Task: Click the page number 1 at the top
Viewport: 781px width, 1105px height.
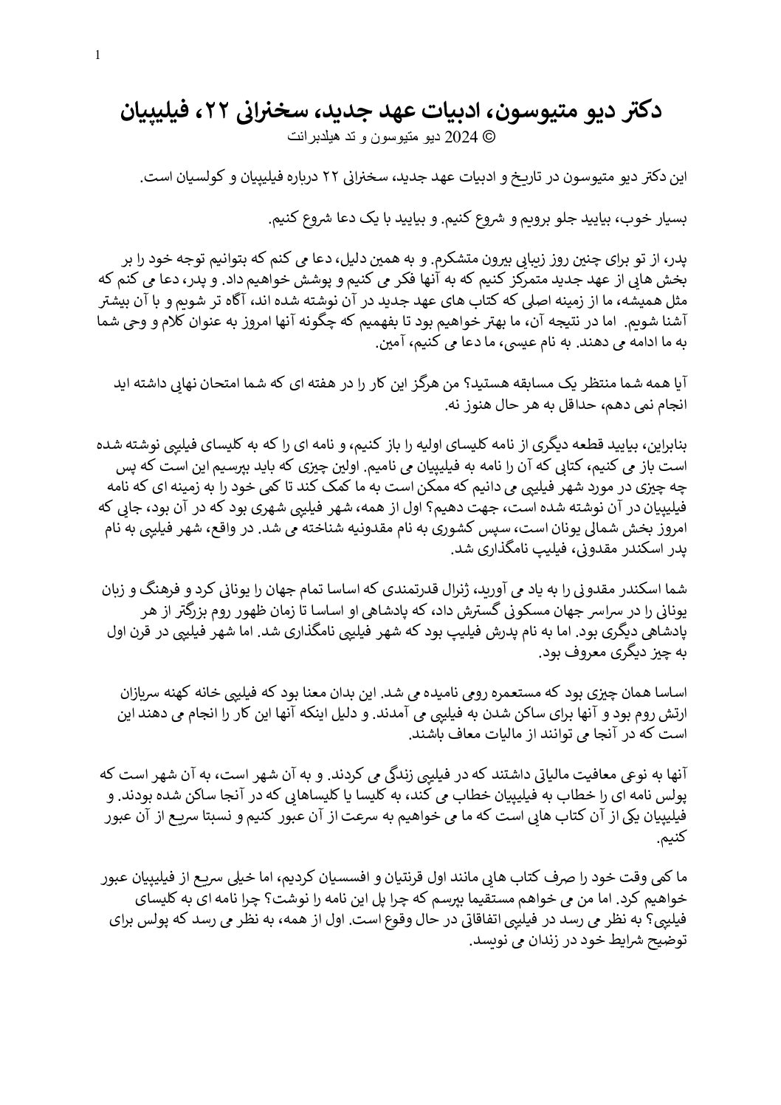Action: point(98,55)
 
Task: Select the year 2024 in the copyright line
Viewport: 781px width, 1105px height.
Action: point(464,137)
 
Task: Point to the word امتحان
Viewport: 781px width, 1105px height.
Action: point(227,384)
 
